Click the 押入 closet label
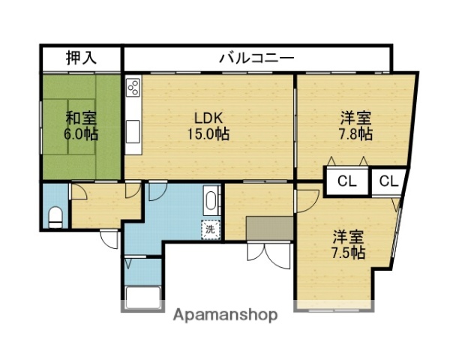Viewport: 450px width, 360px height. pyautogui.click(x=81, y=57)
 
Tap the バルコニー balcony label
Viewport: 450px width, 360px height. pyautogui.click(x=256, y=58)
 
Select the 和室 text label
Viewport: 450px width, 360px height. pyautogui.click(x=79, y=118)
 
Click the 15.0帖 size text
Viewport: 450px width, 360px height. pyautogui.click(x=208, y=135)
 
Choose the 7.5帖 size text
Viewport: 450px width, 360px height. pyautogui.click(x=349, y=253)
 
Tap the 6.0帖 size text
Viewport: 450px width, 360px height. pyautogui.click(x=79, y=135)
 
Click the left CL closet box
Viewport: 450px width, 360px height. pyautogui.click(x=346, y=181)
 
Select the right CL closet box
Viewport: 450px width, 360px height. pyautogui.click(x=388, y=181)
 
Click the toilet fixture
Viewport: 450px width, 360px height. pyautogui.click(x=55, y=217)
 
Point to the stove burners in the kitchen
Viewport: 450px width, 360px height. pyautogui.click(x=133, y=87)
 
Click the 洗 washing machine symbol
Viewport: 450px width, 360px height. pyautogui.click(x=210, y=229)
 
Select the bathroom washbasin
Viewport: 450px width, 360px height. pyautogui.click(x=211, y=201)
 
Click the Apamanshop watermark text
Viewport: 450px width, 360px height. pyautogui.click(x=225, y=315)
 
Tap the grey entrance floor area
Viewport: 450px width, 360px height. pyautogui.click(x=268, y=227)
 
